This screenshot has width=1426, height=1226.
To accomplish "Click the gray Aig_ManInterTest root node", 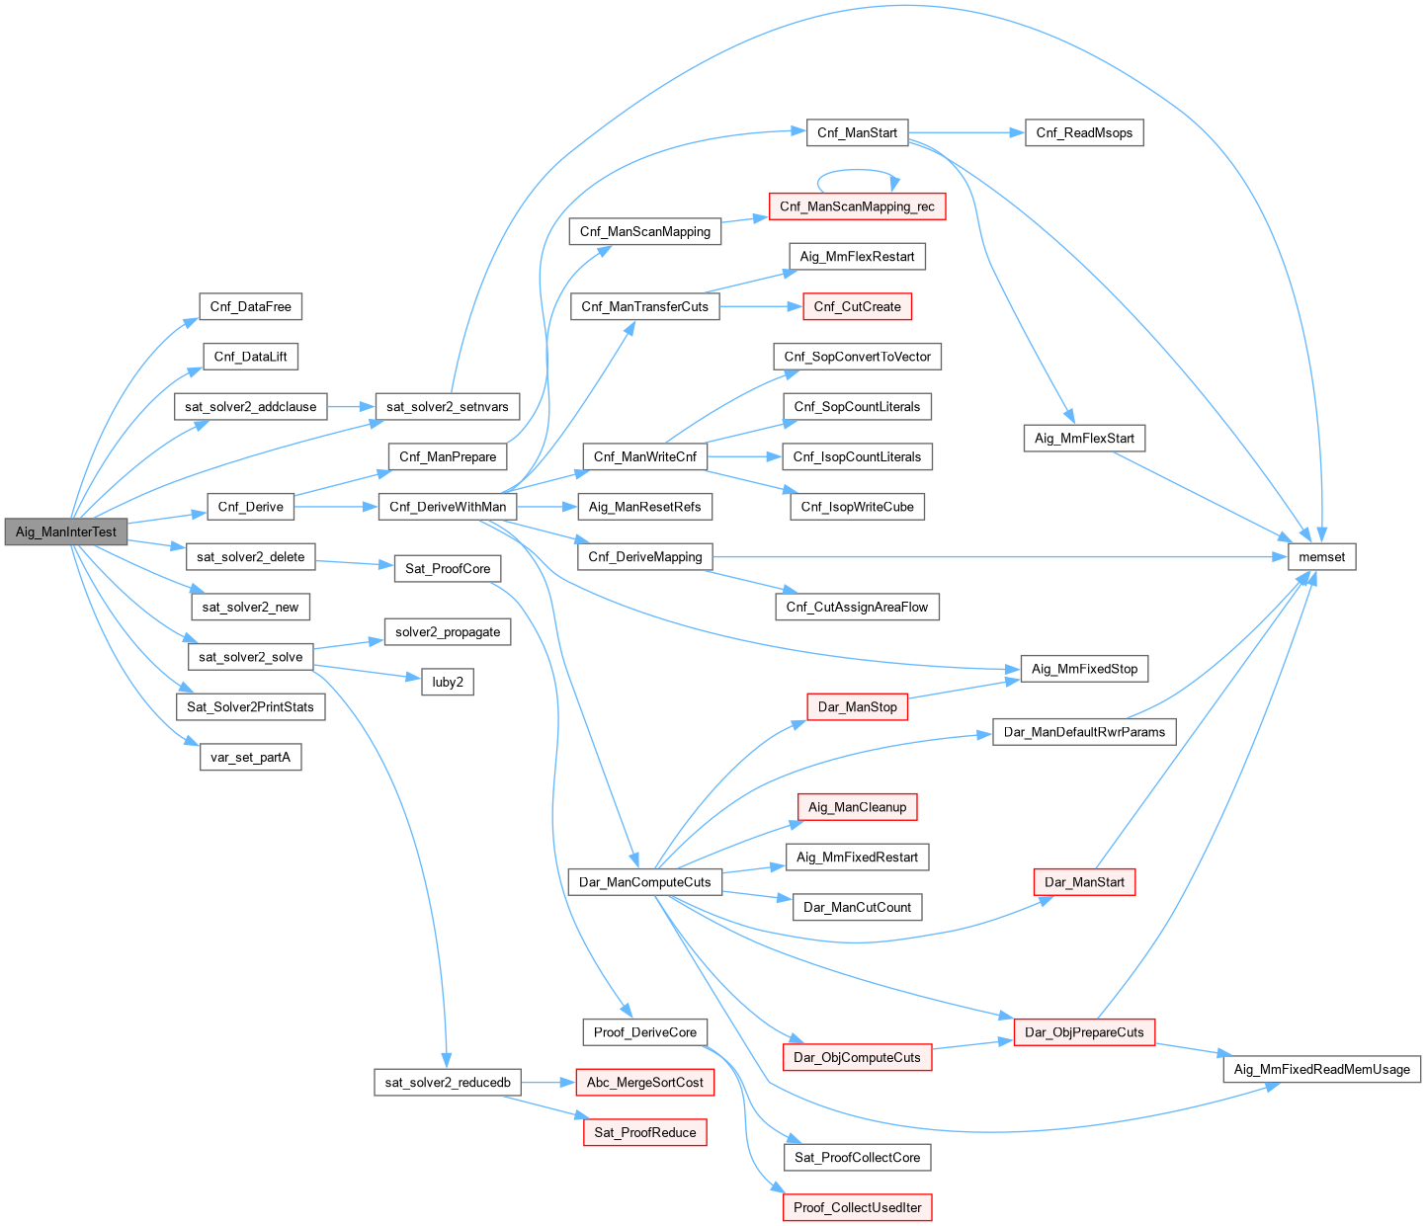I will click(66, 531).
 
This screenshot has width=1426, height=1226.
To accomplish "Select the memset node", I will click(1321, 557).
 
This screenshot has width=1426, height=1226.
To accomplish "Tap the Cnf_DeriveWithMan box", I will click(447, 507).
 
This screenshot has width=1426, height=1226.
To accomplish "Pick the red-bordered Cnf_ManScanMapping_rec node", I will click(857, 206).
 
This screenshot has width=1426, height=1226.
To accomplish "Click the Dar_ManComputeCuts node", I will click(644, 882).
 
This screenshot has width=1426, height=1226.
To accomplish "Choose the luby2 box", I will click(448, 682).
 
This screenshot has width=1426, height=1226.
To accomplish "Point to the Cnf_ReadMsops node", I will click(1084, 132).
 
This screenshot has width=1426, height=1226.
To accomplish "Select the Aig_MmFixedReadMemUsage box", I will click(1321, 1069).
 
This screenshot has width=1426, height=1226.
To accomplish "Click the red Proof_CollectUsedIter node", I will click(857, 1207).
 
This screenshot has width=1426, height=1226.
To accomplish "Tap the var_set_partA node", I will click(250, 758).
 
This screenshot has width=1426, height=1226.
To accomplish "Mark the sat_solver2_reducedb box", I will click(448, 1083).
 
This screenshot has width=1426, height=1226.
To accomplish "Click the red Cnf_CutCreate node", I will click(857, 306).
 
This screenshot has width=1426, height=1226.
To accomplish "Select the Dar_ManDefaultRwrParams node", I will click(1084, 732).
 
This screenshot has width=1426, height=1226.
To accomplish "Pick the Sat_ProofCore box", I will click(448, 569).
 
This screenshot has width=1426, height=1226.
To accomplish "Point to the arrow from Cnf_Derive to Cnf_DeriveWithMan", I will click(335, 507).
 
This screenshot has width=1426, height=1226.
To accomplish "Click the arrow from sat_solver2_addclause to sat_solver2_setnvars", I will click(350, 406).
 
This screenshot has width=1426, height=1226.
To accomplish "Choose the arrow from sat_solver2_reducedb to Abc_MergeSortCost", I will click(547, 1083).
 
